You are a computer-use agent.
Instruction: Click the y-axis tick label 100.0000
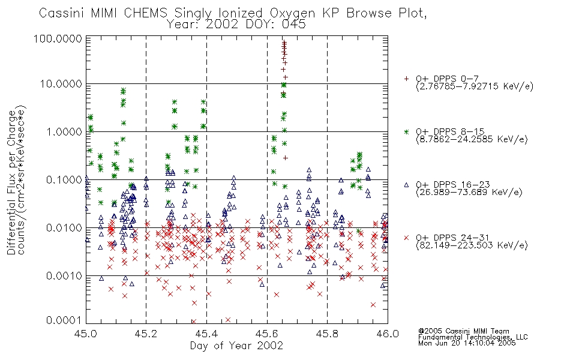point(58,38)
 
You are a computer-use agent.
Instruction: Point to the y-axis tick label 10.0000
point(61,84)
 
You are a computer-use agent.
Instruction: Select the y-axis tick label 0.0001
point(64,320)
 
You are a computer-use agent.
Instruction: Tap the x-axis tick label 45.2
point(146,334)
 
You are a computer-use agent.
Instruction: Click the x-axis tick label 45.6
point(267,334)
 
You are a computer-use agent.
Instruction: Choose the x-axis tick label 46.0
point(388,334)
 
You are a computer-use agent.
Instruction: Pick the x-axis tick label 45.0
point(86,334)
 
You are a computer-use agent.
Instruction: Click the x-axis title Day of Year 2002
point(236,346)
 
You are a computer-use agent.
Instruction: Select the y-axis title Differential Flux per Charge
point(11,182)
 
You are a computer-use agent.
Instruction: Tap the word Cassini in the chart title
point(62,13)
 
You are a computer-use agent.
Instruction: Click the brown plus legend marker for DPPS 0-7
point(406,79)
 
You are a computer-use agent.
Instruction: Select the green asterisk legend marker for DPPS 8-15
point(406,131)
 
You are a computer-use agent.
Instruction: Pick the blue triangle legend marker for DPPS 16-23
point(406,185)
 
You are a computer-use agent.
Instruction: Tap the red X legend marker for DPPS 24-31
point(406,238)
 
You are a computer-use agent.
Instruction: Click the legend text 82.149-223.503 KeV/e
point(472,245)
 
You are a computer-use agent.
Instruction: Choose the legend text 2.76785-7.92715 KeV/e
point(475,86)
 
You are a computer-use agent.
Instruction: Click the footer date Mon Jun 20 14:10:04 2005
point(467,343)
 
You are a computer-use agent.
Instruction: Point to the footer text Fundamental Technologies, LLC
point(473,337)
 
